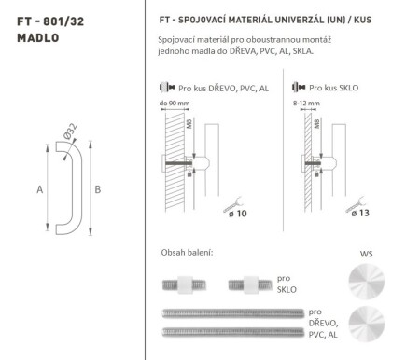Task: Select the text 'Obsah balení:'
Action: pyautogui.click(x=188, y=253)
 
